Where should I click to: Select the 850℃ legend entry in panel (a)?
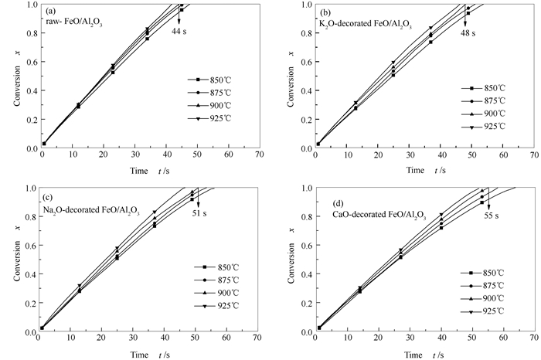208,79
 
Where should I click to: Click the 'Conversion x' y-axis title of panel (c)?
7,260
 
